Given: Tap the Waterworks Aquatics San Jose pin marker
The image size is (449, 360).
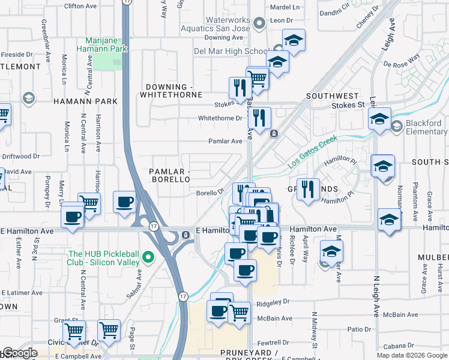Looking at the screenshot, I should [x=259, y=24].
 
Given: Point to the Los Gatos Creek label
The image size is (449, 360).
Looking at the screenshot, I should [x=313, y=152].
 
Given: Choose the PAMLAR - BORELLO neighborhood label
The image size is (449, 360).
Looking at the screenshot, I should [x=169, y=176].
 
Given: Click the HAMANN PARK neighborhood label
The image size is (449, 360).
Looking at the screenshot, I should [x=85, y=101].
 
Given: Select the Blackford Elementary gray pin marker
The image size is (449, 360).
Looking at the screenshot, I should [x=396, y=127].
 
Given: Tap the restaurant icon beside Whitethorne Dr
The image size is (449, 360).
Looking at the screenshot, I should [x=260, y=117].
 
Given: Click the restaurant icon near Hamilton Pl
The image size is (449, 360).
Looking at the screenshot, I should [x=308, y=189].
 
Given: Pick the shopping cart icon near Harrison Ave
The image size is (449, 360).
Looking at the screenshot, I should [x=89, y=203].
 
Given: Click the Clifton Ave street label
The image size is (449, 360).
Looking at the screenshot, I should [x=82, y=6].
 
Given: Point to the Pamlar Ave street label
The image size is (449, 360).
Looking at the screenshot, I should [x=224, y=141].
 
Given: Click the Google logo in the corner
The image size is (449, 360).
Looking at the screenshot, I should [x=19, y=353].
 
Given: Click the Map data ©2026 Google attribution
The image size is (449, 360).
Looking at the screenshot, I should [x=412, y=355].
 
